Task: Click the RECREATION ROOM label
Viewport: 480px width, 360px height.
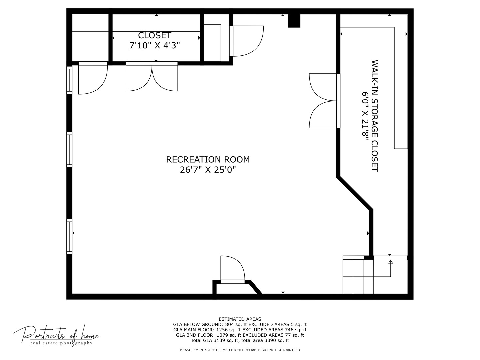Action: coord(208,160)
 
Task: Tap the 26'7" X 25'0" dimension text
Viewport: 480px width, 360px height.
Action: coord(208,170)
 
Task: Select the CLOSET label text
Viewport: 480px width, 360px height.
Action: coord(155,35)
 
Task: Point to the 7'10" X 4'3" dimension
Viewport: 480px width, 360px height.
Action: coord(155,45)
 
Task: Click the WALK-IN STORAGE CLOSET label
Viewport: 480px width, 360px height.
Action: coord(375,116)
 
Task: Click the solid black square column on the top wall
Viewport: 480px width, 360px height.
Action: coord(294,21)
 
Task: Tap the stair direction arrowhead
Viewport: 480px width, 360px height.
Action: coord(391,262)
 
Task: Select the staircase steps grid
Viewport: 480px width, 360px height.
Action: coord(358,276)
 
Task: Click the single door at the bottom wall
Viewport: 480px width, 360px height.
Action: coord(233,270)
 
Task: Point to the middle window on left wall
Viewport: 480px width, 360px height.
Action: coord(69,150)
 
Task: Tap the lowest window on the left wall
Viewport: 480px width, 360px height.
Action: coord(69,237)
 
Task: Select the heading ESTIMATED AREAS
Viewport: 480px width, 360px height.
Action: coord(240,319)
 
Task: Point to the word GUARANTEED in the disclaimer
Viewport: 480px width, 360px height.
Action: coord(289,350)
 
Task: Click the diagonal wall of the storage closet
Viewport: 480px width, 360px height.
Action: coord(355,194)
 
